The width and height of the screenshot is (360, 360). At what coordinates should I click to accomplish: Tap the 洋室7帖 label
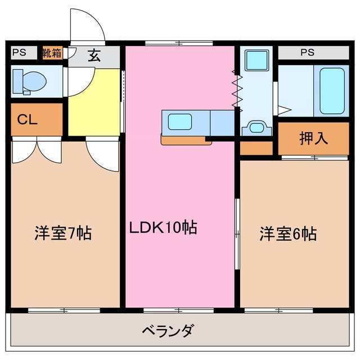(x=63, y=232)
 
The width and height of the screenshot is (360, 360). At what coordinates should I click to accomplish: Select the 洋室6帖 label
(x=288, y=233)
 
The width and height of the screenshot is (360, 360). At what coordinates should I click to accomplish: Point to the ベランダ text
(x=167, y=330)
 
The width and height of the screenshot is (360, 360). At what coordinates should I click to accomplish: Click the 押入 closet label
(x=313, y=138)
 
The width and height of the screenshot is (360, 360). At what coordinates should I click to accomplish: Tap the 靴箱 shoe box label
(x=52, y=53)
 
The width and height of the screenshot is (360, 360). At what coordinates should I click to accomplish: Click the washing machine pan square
(x=256, y=59)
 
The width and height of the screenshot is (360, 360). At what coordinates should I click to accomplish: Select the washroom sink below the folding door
(x=256, y=127)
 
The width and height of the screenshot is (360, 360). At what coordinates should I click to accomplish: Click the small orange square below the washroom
(x=256, y=148)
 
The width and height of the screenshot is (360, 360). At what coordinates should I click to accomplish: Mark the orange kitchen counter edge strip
(x=186, y=140)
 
